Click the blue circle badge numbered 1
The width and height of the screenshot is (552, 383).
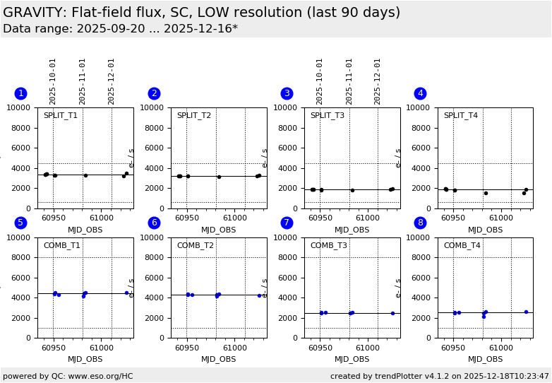pos(20,93)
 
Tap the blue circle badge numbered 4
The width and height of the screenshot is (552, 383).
pos(420,93)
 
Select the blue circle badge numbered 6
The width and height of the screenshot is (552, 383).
pos(154,223)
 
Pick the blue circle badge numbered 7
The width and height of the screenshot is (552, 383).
pos(287,223)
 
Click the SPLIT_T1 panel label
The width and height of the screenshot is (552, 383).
pos(61,115)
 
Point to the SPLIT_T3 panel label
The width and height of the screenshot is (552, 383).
pos(328,115)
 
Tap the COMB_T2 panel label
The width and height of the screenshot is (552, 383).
pos(194,245)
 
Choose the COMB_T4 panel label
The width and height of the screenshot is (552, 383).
pos(461,245)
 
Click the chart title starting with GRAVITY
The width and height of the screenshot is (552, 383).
pos(201,13)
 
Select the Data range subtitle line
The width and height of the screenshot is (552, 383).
pos(120,29)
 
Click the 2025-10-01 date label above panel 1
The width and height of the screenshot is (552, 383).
pos(53,81)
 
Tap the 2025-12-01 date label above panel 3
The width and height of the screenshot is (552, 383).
pos(378,81)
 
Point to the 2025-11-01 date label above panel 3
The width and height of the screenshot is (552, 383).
pos(349,81)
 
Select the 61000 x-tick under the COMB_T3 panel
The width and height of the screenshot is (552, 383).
pos(368,348)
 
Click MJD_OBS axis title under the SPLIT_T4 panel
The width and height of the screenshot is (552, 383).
pos(486,230)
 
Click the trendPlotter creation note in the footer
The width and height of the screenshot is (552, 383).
pos(439,376)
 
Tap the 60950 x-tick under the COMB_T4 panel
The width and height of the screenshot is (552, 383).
pos(453,348)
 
